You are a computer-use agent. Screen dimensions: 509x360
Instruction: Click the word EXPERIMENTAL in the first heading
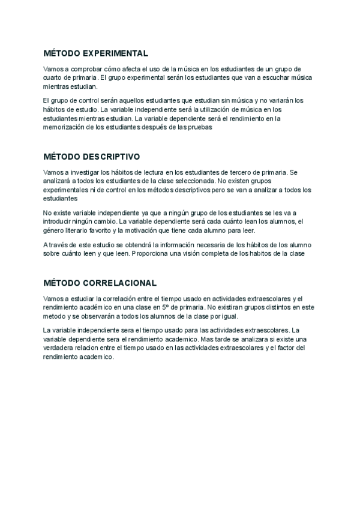[114, 53]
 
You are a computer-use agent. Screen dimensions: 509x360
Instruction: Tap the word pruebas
[200, 127]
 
